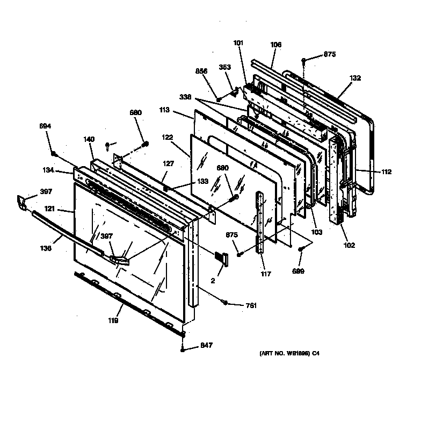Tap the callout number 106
(276, 45)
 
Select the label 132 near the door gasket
(355, 78)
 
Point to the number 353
(224, 67)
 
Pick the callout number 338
(185, 98)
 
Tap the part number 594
(46, 126)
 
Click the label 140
(89, 139)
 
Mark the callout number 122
(167, 137)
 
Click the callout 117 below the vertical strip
(265, 274)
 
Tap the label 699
(298, 271)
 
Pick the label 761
(250, 305)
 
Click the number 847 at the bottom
(206, 346)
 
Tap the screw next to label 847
(184, 349)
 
